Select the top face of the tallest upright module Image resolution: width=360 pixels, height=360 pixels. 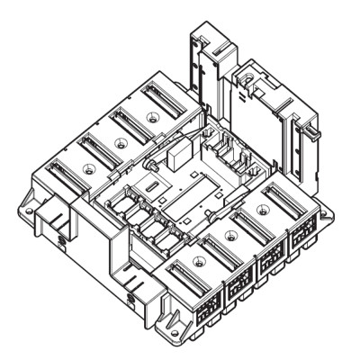[x=205, y=40]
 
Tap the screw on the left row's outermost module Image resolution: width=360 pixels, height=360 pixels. [x=87, y=169]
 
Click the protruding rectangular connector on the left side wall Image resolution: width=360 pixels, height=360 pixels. [x=57, y=221]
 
